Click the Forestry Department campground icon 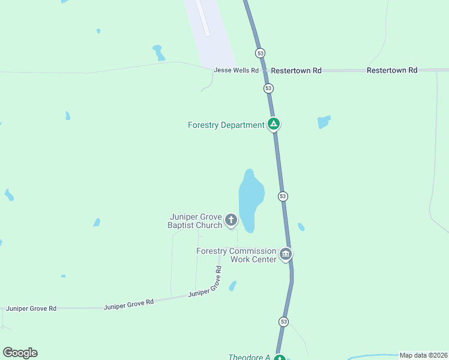274,125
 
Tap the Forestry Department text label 226,125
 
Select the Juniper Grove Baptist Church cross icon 231,221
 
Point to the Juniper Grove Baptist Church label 196,221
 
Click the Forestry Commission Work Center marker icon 286,254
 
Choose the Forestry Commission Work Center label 237,255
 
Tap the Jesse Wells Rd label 236,70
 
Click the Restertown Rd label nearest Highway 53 296,70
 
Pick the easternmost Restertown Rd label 391,70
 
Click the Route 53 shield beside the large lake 283,196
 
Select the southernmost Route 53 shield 283,322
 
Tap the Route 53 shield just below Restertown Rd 268,88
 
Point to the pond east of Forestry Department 324,122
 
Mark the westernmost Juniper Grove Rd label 31,308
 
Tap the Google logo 20,353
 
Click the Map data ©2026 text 424,355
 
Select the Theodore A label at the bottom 249,357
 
